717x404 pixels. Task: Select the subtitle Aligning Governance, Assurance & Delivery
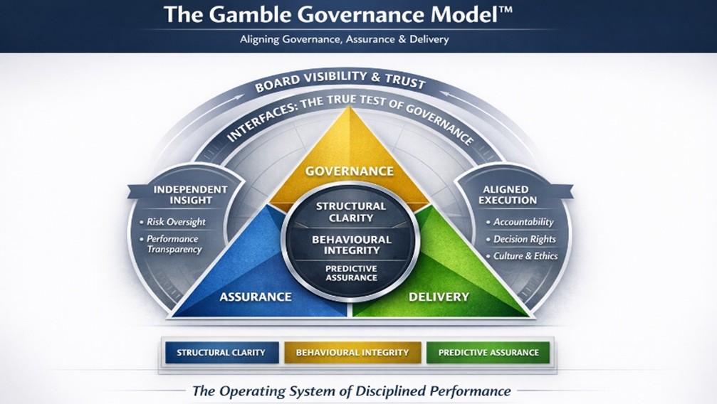click(x=345, y=40)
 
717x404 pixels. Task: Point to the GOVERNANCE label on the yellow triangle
click(x=349, y=171)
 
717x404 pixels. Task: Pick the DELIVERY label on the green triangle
click(x=439, y=297)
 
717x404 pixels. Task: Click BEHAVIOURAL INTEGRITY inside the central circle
click(x=352, y=245)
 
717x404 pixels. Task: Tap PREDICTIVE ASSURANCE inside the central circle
click(x=351, y=273)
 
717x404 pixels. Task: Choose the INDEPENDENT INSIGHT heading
click(x=190, y=195)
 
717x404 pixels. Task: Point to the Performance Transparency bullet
click(x=174, y=244)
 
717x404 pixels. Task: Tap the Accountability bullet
click(x=523, y=222)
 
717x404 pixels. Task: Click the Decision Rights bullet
click(x=524, y=239)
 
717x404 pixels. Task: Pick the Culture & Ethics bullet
click(x=525, y=256)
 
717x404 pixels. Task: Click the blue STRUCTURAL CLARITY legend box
click(x=221, y=352)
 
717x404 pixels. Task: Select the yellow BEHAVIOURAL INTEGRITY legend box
click(x=352, y=352)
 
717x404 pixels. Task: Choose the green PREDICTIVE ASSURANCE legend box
click(x=488, y=352)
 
